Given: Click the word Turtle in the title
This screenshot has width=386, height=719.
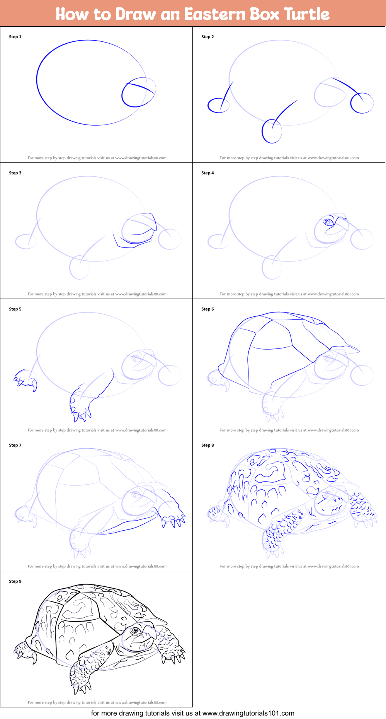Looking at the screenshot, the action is [x=307, y=14].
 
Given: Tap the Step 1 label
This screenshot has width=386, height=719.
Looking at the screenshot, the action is [x=15, y=37].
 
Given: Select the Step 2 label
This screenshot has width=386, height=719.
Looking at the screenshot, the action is [x=207, y=37].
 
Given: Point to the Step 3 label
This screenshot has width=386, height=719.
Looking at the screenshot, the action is [x=15, y=173].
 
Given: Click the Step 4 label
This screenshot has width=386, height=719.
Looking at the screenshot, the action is [x=207, y=173].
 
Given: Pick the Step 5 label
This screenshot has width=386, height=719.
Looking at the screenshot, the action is [x=15, y=309].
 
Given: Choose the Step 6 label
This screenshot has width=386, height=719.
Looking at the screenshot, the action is [x=207, y=309].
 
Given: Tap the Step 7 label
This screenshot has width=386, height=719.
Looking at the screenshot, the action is [x=15, y=445].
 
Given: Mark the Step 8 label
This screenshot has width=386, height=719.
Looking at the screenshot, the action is [x=207, y=445].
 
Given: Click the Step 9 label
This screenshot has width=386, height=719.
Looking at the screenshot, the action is [x=15, y=581].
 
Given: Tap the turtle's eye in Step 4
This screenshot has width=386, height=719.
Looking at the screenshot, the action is [x=328, y=222].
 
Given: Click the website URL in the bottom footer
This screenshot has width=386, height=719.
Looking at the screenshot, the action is [x=248, y=713].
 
